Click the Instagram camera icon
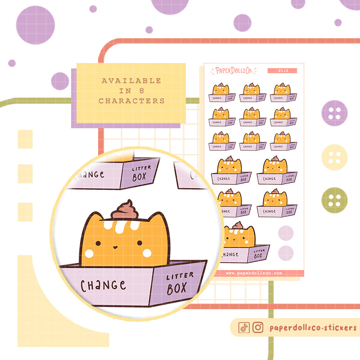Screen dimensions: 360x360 [258, 328]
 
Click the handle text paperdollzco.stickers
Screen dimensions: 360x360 [313, 328]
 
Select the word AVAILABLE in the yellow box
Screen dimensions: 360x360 [131, 81]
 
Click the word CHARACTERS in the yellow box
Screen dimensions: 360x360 [131, 101]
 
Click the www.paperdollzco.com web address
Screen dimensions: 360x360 [254, 273]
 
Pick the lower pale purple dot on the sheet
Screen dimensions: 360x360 [286, 252]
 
